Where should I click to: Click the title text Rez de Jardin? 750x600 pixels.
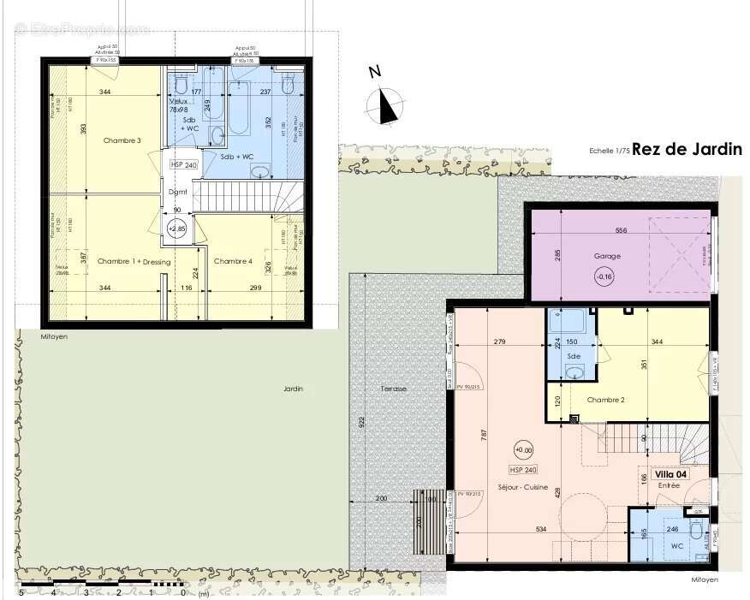click(x=687, y=149)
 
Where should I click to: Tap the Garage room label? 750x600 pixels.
click(x=607, y=256)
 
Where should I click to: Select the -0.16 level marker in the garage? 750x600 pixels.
click(x=605, y=276)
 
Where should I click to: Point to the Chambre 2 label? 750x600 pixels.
click(x=606, y=400)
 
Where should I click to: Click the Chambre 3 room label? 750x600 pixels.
click(x=122, y=140)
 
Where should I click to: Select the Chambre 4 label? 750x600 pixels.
click(x=233, y=261)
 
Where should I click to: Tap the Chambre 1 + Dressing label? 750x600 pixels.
click(x=134, y=261)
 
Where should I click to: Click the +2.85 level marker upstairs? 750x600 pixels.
click(x=177, y=229)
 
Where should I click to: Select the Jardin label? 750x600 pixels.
click(x=294, y=389)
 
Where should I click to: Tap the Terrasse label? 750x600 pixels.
click(x=394, y=389)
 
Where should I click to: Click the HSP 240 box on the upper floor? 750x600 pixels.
click(x=183, y=164)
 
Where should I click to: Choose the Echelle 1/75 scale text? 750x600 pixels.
click(x=609, y=151)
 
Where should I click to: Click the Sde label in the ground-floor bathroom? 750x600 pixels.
click(x=573, y=355)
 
